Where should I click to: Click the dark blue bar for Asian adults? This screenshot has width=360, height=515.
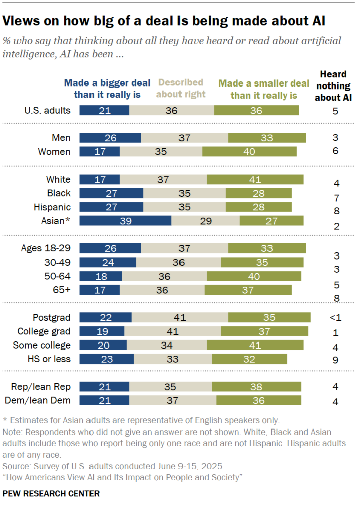tap(126, 221)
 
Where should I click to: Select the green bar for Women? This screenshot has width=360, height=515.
tap(249, 152)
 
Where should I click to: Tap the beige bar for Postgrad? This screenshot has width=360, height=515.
tap(179, 317)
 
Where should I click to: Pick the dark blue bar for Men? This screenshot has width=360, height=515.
tap(111, 138)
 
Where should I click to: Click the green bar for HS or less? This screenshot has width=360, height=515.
tap(249, 359)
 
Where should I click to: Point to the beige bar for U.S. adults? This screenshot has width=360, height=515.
tap(171, 110)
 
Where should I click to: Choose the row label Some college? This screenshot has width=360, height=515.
tap(44, 345)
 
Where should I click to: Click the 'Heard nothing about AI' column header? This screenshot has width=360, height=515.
tap(332, 86)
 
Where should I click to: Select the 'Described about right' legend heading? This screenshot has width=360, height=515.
tap(181, 88)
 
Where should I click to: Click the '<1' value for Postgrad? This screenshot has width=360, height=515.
tap(334, 317)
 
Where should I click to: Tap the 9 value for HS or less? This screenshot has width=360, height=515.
tap(335, 360)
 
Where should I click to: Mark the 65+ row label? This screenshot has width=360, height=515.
tap(61, 290)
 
